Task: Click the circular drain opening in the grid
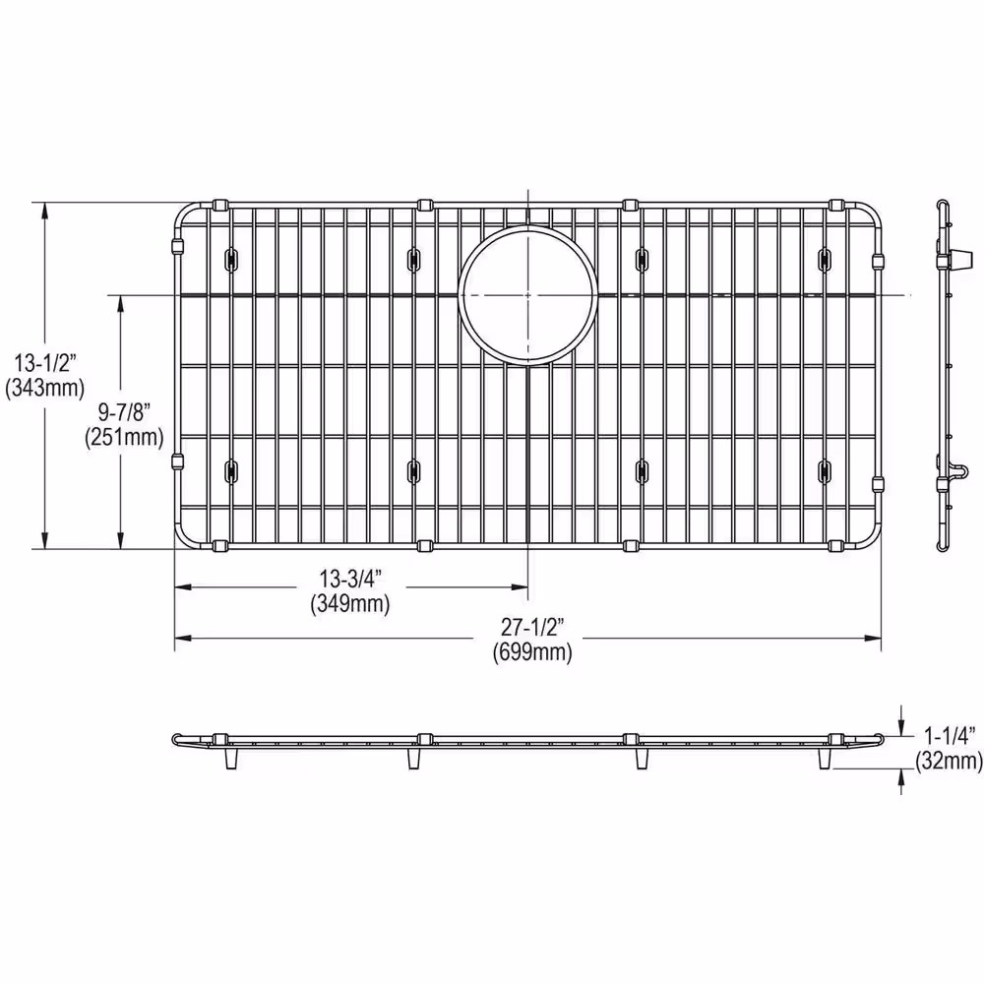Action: [x=527, y=294]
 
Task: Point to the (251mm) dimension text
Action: [x=123, y=438]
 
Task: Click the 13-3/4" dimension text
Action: [x=349, y=582]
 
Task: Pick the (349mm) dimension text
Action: [x=349, y=604]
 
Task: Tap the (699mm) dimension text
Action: [x=532, y=651]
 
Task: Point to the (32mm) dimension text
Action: [x=949, y=760]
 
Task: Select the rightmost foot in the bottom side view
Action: [x=825, y=759]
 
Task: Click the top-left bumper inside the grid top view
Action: [x=231, y=259]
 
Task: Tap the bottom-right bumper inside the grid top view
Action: [x=824, y=471]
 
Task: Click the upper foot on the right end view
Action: [x=952, y=259]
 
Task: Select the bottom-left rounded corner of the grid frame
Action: [x=185, y=536]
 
